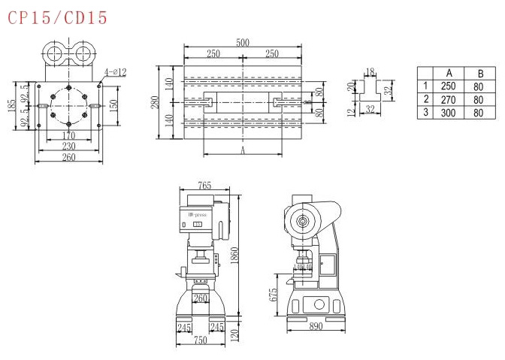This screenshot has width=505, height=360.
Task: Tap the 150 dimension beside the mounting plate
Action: point(113,104)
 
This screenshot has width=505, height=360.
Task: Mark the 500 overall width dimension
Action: point(243,43)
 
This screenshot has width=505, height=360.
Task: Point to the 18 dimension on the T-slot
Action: point(369,72)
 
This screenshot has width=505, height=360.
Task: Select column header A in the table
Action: point(448,73)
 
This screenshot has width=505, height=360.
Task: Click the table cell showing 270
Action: point(448,100)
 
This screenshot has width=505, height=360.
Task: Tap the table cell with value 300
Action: point(448,113)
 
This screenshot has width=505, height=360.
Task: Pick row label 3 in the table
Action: point(426,113)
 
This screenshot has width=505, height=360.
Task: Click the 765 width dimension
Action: point(204,185)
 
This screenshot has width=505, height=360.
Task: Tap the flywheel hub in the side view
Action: point(303,222)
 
